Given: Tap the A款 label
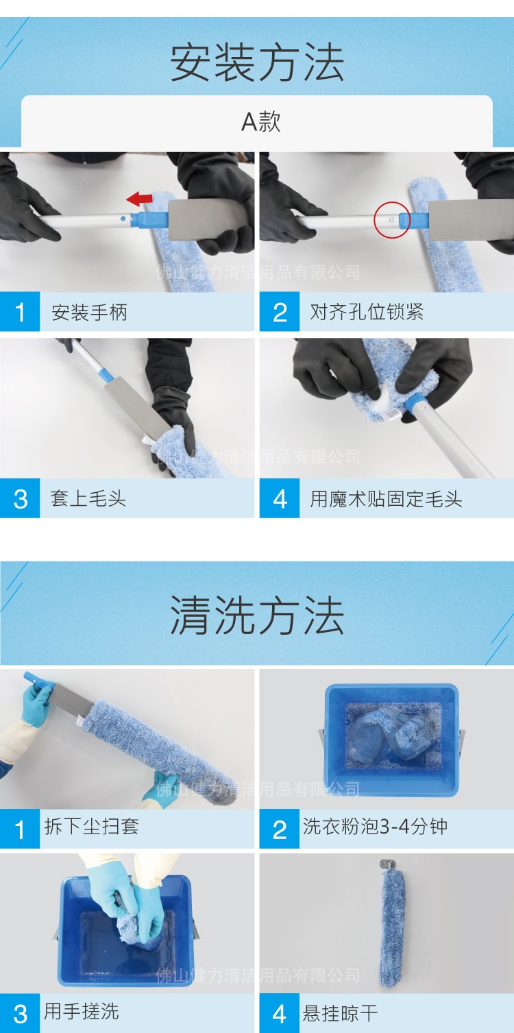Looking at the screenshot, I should click(x=260, y=122).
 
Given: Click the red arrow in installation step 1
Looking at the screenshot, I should click(x=140, y=199).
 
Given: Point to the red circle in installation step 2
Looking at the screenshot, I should click(x=392, y=220).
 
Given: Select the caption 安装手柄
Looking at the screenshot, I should click(x=89, y=313).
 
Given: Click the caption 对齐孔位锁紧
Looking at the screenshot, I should click(x=367, y=313).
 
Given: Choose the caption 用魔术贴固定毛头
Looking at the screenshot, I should click(x=386, y=498).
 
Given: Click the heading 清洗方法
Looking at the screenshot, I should click(x=257, y=615).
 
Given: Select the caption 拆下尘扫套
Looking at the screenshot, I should click(x=91, y=827).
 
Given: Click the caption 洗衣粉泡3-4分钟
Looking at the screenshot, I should click(x=375, y=827).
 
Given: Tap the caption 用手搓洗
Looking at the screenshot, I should click(x=81, y=1012).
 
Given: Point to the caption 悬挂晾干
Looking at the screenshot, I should click(x=340, y=1012).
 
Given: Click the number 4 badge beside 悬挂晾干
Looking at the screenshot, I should click(x=280, y=1013).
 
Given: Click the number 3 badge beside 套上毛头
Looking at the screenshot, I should click(x=20, y=498).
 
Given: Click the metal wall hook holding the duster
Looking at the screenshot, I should click(x=387, y=865).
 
